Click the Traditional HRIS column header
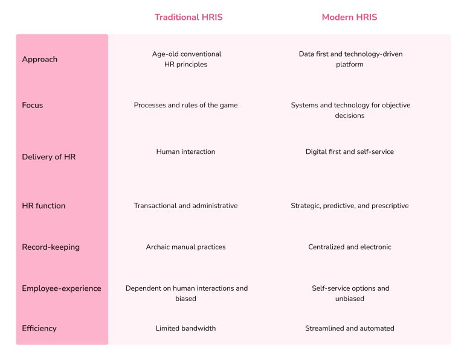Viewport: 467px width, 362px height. [188, 17]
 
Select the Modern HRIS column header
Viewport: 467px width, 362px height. [349, 17]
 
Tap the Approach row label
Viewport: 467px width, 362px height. [40, 59]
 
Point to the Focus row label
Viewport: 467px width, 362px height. [33, 105]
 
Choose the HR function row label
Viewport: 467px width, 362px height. [43, 206]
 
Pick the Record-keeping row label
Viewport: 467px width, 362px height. [51, 247]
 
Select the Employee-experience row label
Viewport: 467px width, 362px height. [62, 288]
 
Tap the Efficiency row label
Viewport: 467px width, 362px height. [39, 328]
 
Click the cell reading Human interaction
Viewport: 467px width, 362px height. [185, 151]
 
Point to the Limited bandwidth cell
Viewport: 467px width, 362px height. [185, 328]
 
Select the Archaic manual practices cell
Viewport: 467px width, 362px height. [185, 247]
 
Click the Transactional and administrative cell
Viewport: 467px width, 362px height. [185, 206]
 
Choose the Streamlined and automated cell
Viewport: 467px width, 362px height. [349, 328]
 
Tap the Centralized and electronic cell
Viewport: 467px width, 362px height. [349, 247]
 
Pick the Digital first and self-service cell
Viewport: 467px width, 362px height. [349, 151]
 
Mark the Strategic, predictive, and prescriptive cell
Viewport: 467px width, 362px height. [349, 206]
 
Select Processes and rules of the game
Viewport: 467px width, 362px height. [185, 105]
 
